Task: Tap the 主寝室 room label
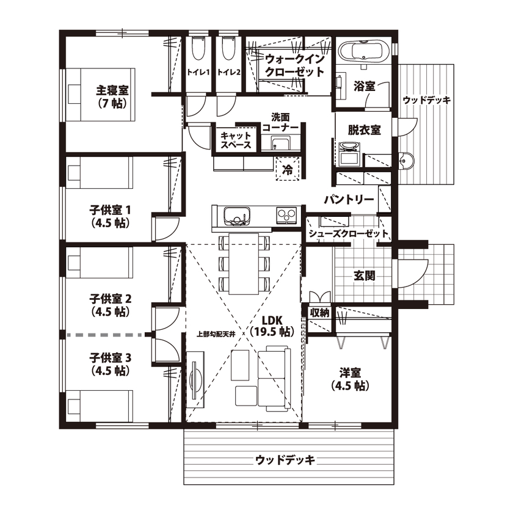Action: [112, 96]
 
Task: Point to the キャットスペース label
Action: [236, 140]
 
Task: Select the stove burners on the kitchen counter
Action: [286, 215]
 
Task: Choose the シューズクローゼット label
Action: [347, 234]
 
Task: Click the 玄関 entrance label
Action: [364, 275]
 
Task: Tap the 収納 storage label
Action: [319, 312]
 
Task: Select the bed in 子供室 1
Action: [100, 173]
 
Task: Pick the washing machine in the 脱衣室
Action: [349, 153]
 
